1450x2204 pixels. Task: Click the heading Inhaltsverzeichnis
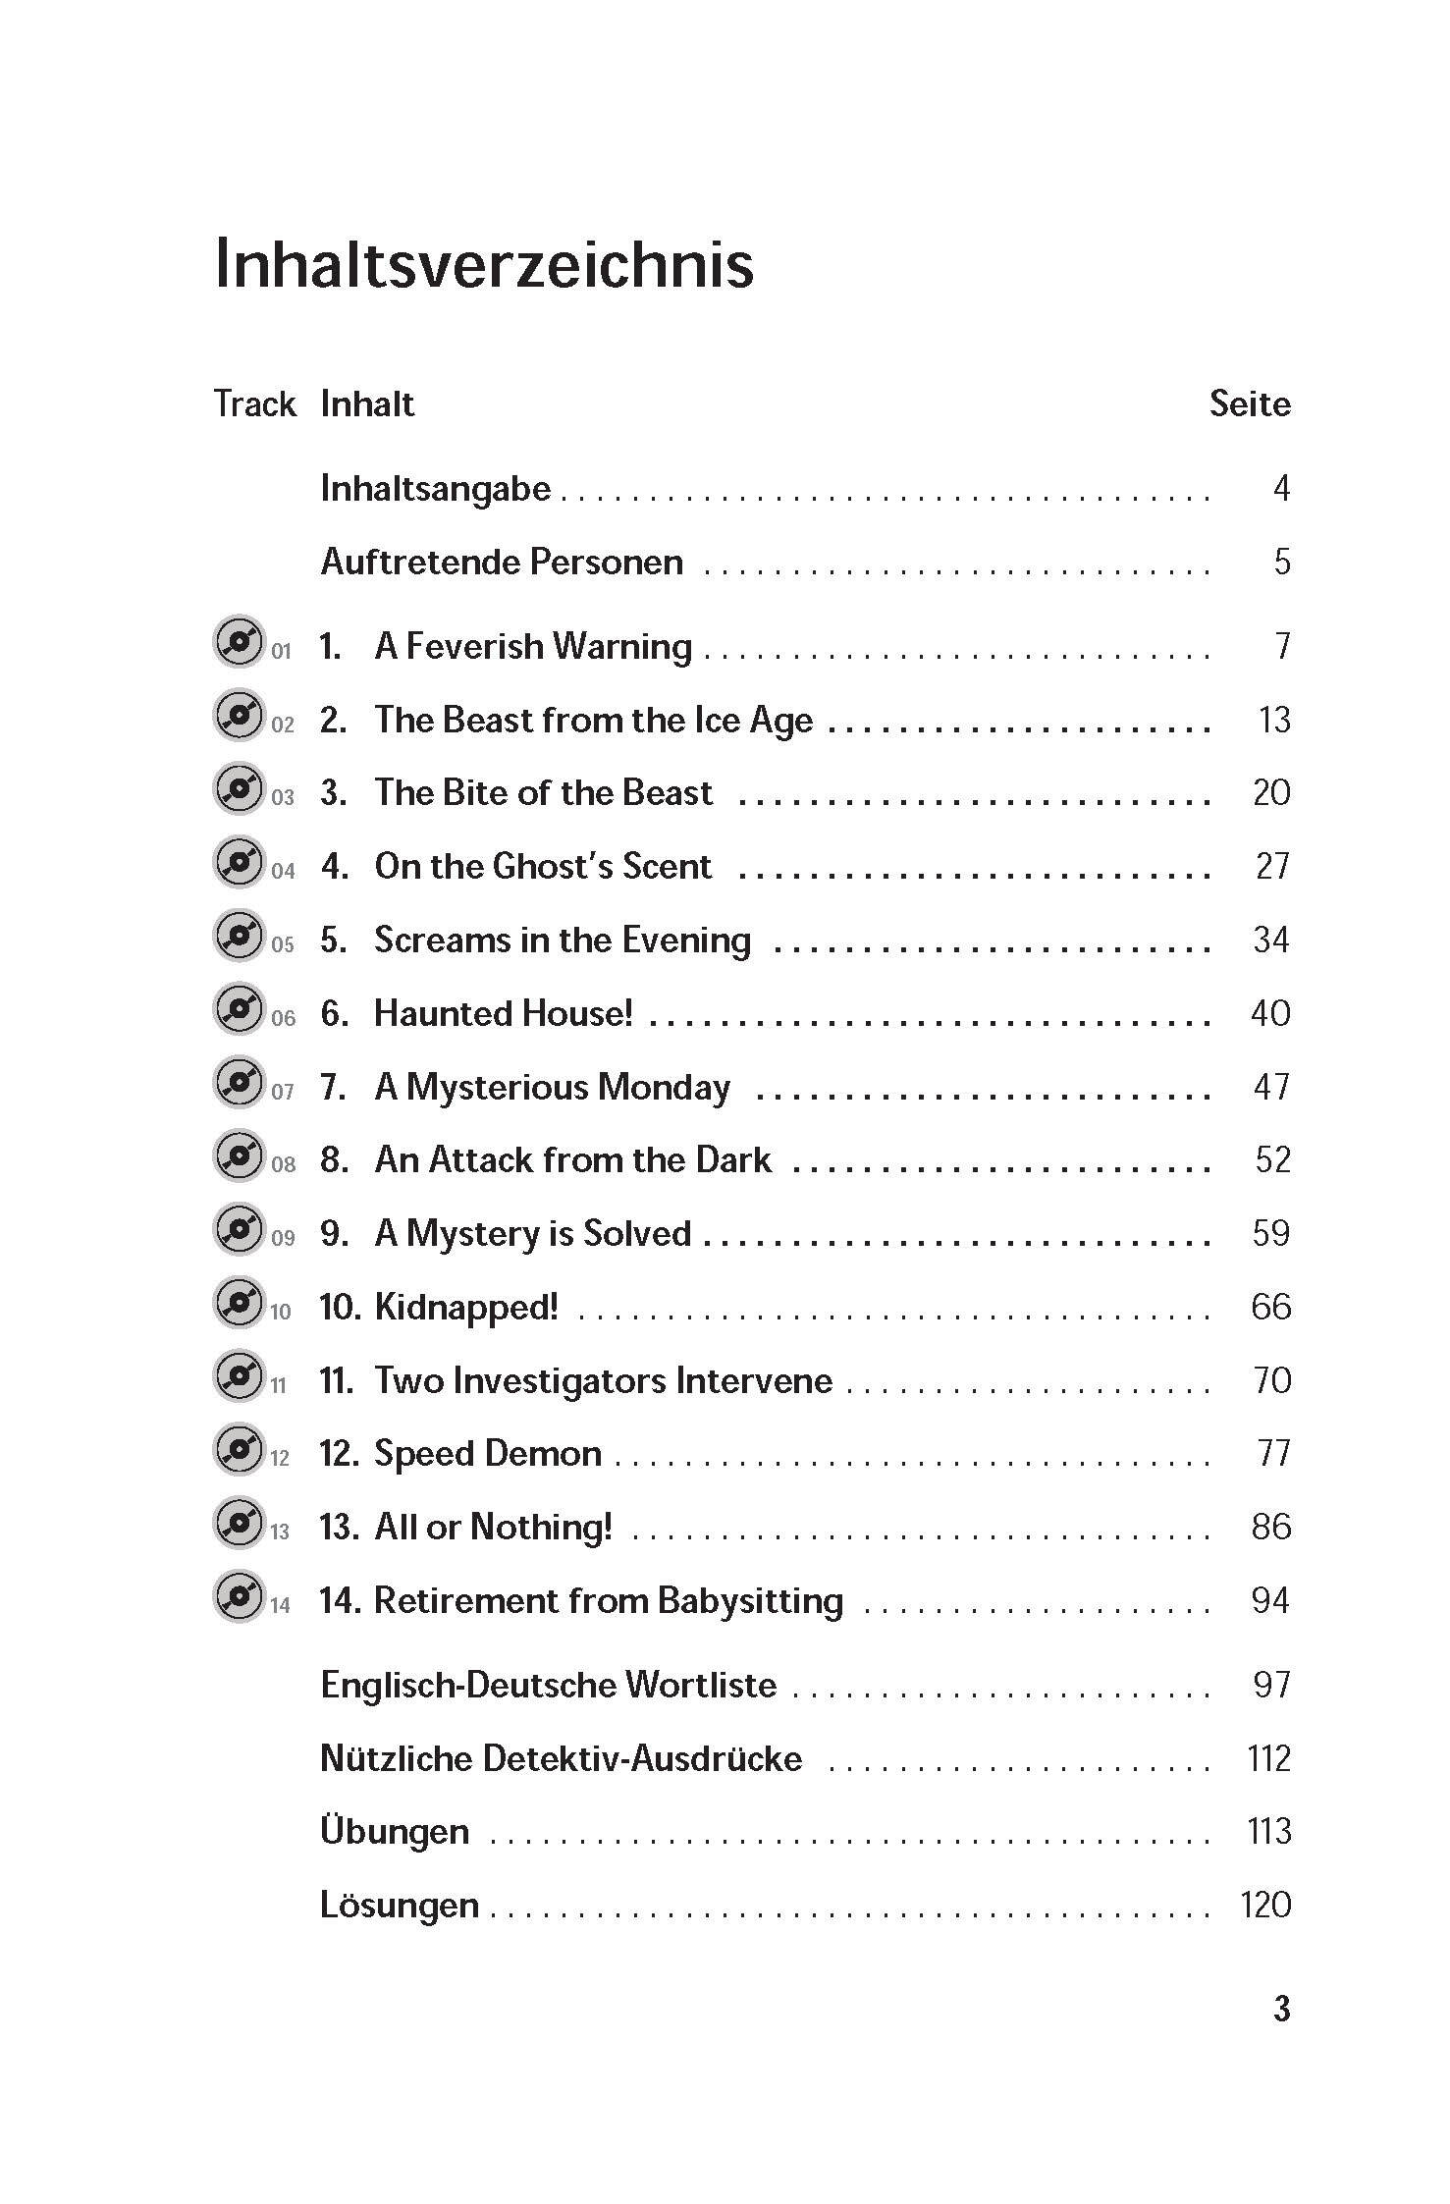(484, 264)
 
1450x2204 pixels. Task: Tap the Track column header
(254, 403)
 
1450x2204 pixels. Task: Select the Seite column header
(1249, 403)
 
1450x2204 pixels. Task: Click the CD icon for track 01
(239, 643)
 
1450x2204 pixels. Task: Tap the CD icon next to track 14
(239, 1597)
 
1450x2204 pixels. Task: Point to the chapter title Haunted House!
(504, 1013)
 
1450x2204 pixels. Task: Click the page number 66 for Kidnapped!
(1270, 1307)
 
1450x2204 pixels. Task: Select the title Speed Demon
(488, 1453)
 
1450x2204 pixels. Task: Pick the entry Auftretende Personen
(502, 562)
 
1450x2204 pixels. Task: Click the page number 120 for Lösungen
(1265, 1905)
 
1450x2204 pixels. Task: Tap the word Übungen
(395, 1831)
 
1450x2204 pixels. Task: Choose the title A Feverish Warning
(533, 646)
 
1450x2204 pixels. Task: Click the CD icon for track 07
(239, 1084)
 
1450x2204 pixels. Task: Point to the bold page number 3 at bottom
(1281, 2009)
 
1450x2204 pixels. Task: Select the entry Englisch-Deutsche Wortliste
(549, 1685)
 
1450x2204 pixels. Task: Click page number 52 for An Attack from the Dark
(1272, 1159)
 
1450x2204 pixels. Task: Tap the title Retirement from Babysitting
(609, 1600)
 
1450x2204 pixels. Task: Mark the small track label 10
(281, 1312)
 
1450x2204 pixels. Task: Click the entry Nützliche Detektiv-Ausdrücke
(561, 1758)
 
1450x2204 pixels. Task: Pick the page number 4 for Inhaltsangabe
(1281, 488)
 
